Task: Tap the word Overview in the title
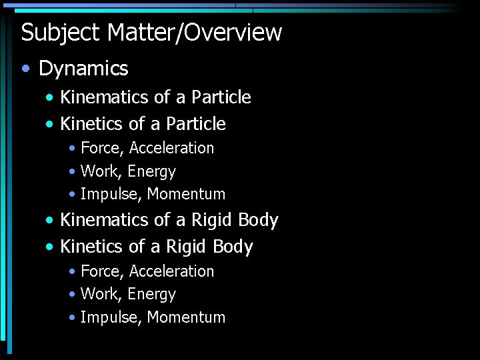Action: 233,32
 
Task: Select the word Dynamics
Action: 83,68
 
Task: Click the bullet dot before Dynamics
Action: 26,69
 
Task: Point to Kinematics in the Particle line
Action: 104,97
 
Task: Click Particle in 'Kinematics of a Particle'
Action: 221,97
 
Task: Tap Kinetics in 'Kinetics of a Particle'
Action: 91,124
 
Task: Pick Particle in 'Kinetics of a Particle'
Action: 196,124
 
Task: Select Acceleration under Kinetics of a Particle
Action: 171,148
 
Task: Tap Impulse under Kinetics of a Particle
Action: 109,195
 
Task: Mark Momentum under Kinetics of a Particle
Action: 186,195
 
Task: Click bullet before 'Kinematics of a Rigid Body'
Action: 51,221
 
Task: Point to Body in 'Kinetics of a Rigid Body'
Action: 233,247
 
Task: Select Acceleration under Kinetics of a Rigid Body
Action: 171,271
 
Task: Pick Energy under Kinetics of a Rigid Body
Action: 151,295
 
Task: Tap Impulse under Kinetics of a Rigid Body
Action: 109,317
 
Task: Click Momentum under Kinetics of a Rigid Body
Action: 186,317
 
